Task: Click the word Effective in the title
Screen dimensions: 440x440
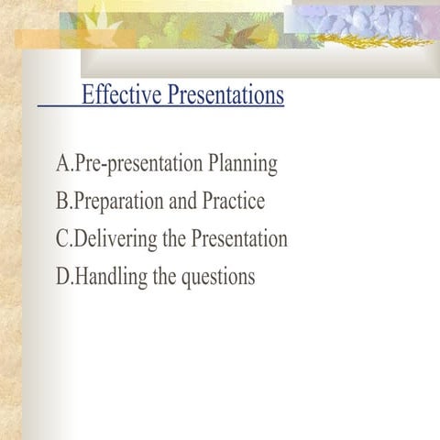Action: click(117, 95)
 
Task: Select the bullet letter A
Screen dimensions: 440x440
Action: click(62, 164)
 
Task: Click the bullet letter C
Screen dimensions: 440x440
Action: click(62, 239)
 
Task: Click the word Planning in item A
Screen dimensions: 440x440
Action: click(242, 165)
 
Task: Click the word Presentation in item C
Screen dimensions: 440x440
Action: click(239, 239)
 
